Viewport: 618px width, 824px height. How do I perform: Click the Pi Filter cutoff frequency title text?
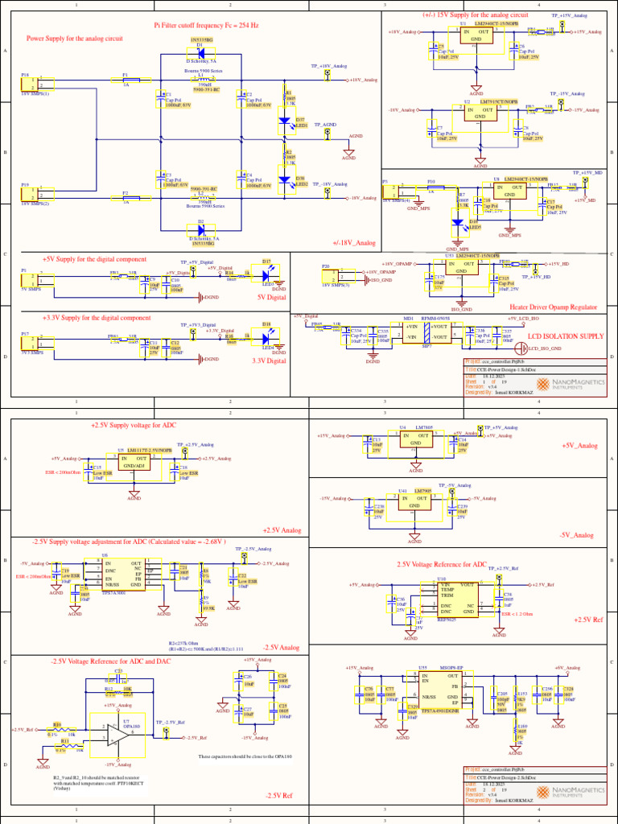point(206,26)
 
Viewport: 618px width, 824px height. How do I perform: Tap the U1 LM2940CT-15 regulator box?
point(476,35)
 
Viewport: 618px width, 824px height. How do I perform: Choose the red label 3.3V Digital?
point(269,360)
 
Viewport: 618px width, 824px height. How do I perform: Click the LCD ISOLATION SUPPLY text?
point(565,336)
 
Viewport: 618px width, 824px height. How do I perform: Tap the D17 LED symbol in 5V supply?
point(266,272)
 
